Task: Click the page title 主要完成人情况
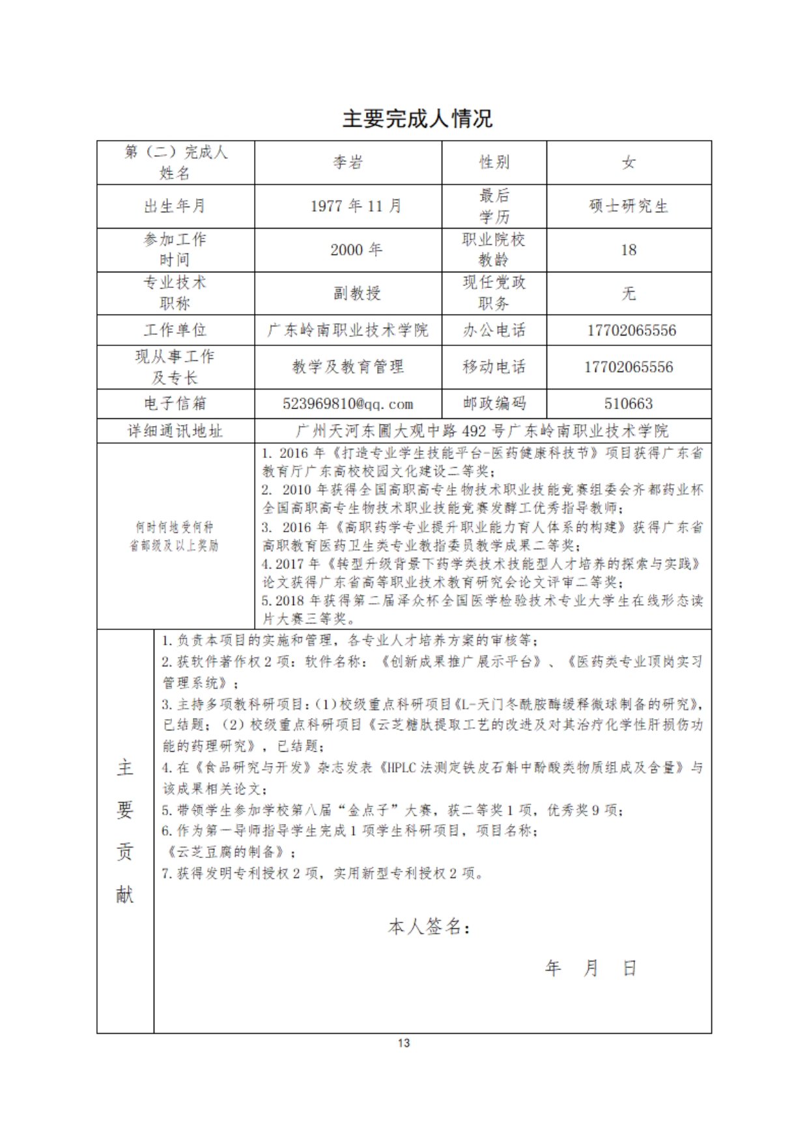417,119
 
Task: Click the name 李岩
348,162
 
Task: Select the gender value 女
628,162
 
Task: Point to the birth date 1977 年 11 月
356,206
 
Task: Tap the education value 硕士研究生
628,206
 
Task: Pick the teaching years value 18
628,250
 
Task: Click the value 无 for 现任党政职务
628,293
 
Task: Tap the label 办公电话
494,330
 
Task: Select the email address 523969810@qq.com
348,404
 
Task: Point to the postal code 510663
628,404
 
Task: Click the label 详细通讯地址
175,431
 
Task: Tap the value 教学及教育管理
348,367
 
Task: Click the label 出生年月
175,206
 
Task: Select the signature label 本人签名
429,926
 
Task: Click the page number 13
403,1043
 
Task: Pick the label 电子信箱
175,404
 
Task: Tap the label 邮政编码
494,404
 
